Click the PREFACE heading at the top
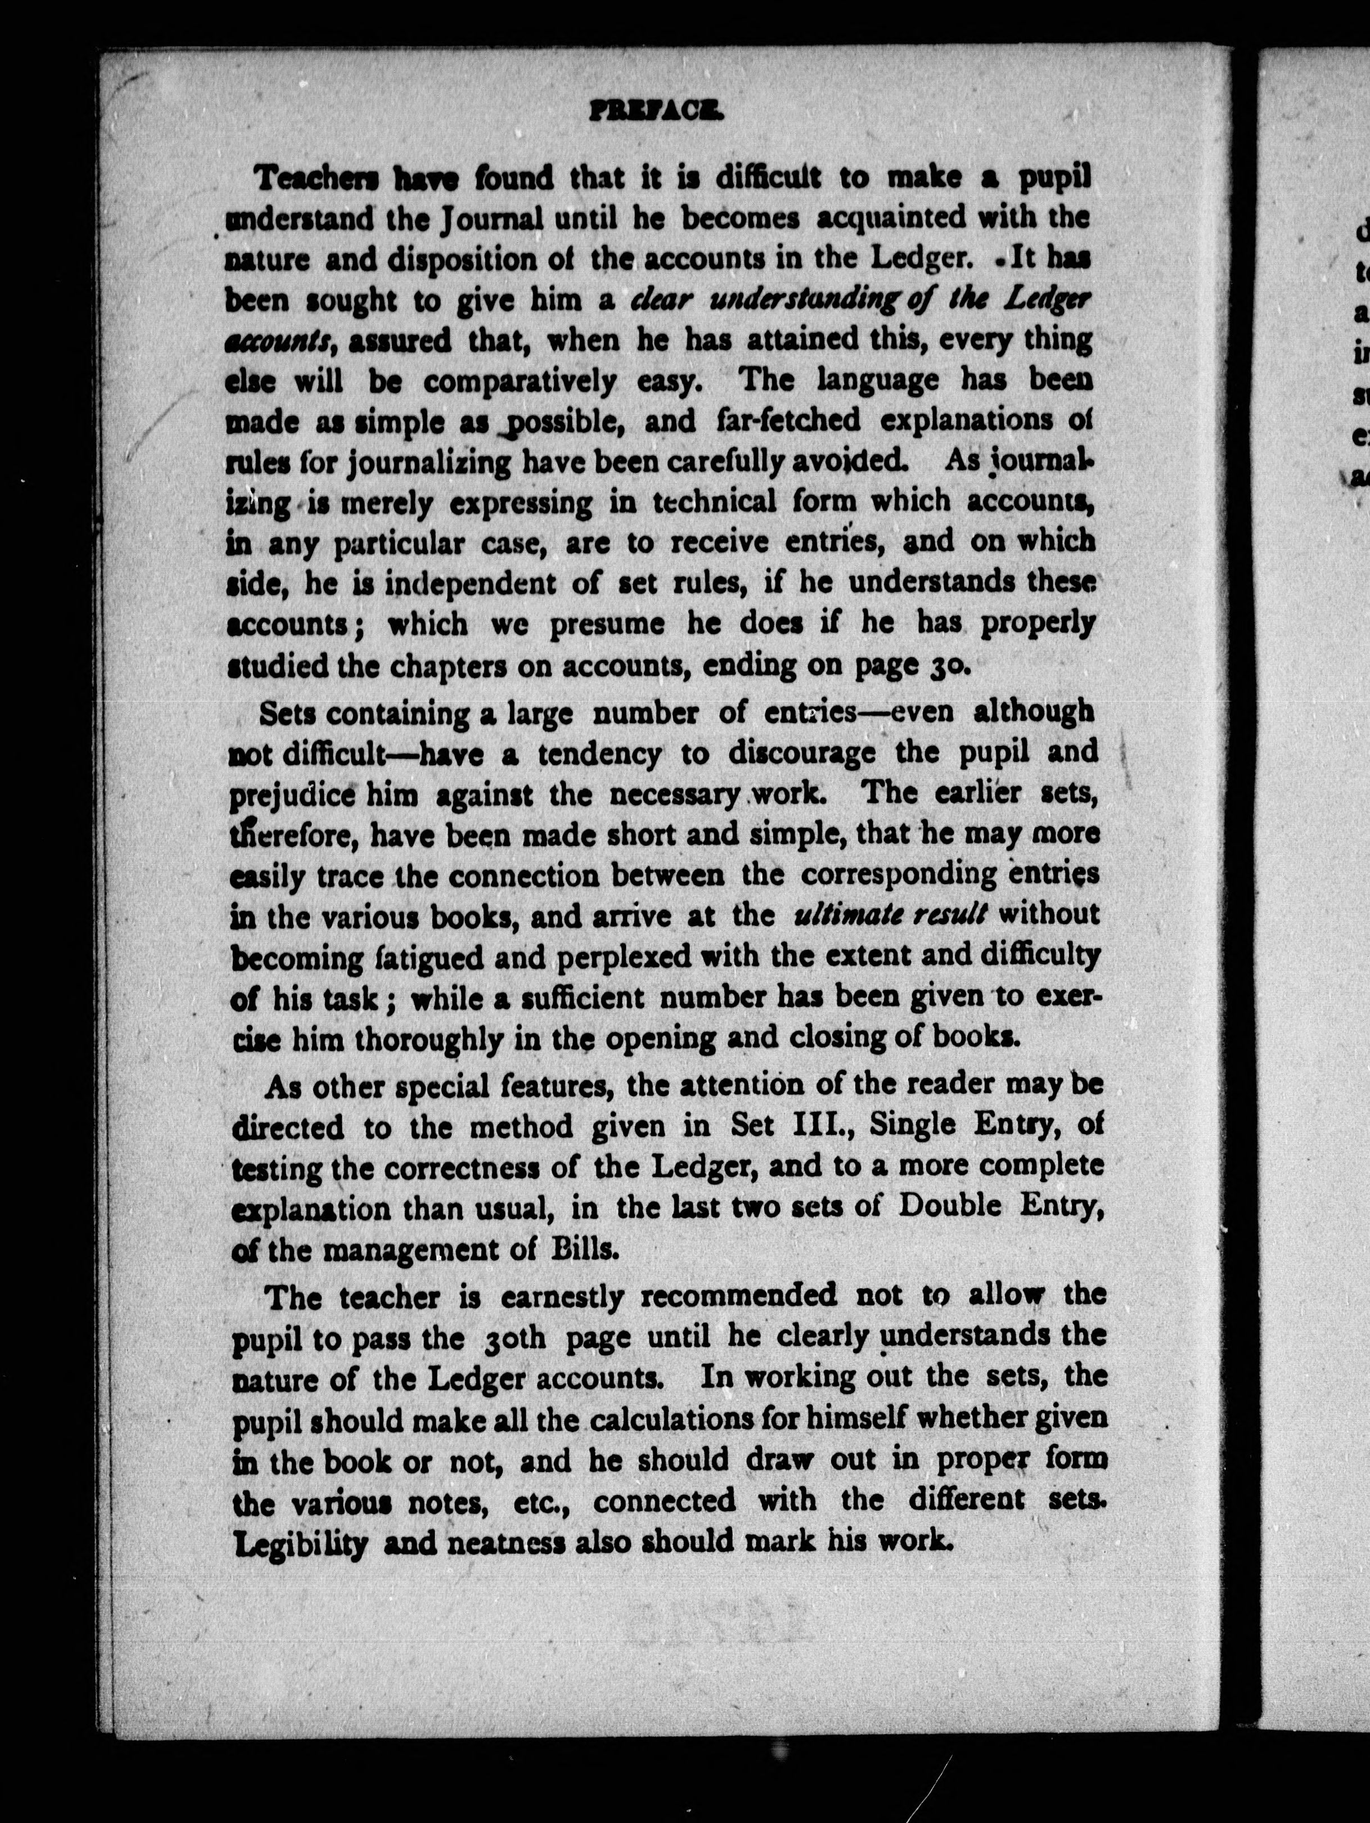[656, 112]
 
